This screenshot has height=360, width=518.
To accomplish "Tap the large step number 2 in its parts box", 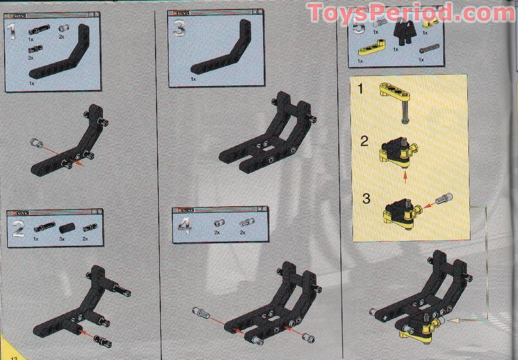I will pyautogui.click(x=18, y=229).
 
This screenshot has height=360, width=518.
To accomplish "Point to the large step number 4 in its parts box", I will pyautogui.click(x=184, y=225).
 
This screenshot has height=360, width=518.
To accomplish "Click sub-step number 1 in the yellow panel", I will pyautogui.click(x=360, y=89).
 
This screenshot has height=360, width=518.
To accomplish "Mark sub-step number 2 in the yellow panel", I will pyautogui.click(x=364, y=141).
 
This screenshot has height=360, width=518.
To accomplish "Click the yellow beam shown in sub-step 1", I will pyautogui.click(x=396, y=94).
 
